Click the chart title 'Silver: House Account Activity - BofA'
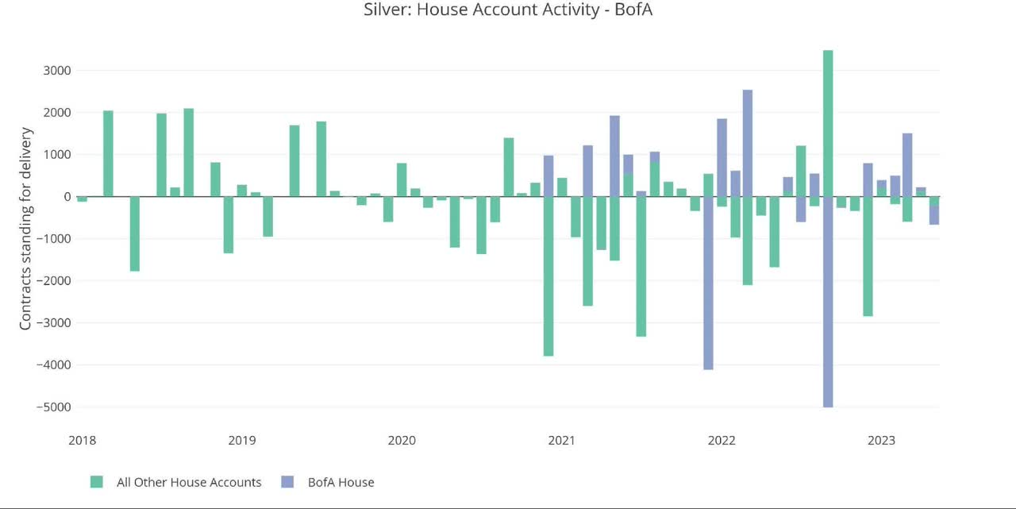(508, 10)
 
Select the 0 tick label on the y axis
(67, 197)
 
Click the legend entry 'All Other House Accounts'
(188, 482)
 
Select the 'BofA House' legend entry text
(341, 482)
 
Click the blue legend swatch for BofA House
(287, 482)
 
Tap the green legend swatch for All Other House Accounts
(97, 482)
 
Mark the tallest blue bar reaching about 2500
(748, 143)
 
